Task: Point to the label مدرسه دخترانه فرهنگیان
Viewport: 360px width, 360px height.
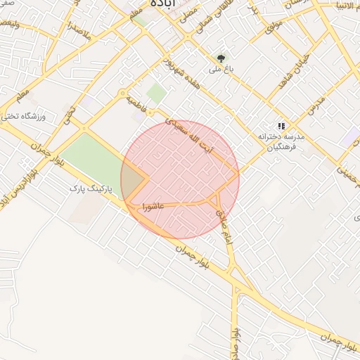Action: point(279,141)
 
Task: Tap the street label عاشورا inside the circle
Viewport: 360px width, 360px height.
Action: point(153,207)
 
